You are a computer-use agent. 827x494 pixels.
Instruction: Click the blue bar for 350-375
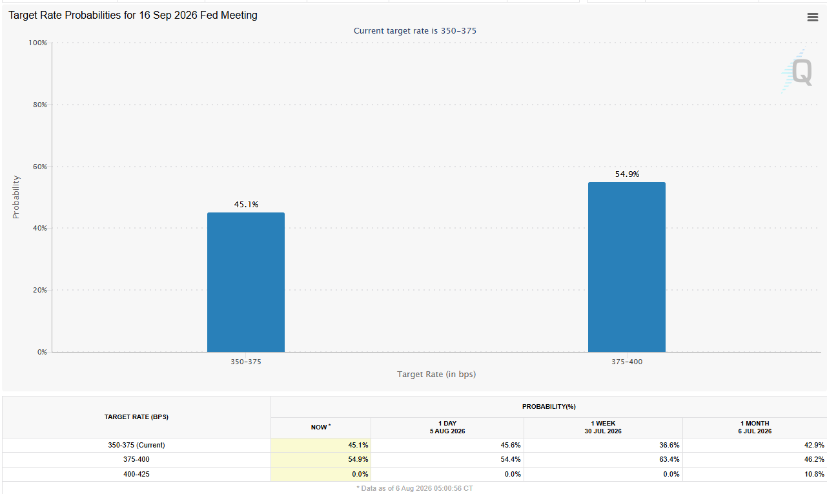(246, 282)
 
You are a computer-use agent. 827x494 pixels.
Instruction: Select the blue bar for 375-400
(626, 267)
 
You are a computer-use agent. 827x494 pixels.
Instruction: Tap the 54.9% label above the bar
(627, 174)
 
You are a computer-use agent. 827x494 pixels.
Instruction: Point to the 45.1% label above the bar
(246, 204)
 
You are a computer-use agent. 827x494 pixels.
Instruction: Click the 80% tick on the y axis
(40, 105)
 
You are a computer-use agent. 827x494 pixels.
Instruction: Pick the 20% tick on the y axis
(40, 290)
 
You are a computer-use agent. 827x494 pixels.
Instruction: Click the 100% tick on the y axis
(37, 43)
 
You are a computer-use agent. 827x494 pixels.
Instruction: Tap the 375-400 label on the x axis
(626, 362)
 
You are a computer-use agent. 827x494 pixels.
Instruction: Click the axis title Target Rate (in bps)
(436, 374)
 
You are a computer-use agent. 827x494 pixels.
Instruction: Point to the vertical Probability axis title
(15, 197)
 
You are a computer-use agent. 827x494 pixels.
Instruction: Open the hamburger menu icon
(813, 17)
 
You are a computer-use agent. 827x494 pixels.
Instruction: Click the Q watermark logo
(798, 71)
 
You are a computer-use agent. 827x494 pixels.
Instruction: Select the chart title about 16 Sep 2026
(133, 15)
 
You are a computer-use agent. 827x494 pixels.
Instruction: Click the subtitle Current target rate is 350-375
(415, 30)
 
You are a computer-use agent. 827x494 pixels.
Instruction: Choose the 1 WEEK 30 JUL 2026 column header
(603, 427)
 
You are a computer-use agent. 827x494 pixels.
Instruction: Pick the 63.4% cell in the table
(669, 459)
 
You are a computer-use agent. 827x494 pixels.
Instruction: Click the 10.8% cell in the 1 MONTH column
(814, 474)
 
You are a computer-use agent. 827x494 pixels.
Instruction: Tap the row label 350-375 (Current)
(136, 445)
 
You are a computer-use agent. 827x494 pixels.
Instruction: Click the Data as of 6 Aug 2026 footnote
(414, 488)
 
